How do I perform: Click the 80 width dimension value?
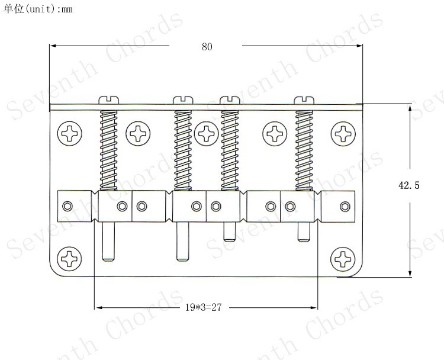click(207, 47)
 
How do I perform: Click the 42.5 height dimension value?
click(408, 185)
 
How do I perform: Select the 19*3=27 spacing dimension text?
click(203, 307)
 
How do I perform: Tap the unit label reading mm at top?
click(67, 9)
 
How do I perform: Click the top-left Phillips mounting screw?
click(70, 133)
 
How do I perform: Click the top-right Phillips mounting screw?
click(343, 134)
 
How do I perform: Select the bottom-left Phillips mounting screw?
click(69, 259)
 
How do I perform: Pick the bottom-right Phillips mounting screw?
click(343, 259)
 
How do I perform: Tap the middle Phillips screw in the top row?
click(207, 134)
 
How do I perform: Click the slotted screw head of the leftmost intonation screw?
click(109, 100)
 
